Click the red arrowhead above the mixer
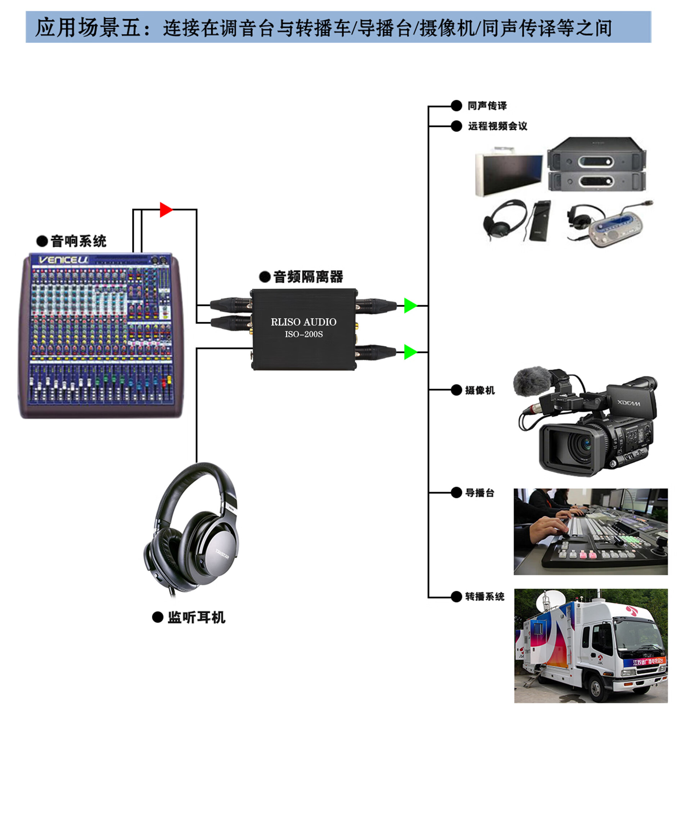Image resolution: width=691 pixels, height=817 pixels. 166,210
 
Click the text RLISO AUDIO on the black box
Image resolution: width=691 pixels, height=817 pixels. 304,322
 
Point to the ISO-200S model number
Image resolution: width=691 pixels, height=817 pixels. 304,334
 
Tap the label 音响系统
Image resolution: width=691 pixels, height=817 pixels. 78,241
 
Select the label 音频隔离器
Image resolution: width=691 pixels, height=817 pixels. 308,277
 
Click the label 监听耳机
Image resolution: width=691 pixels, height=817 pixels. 196,617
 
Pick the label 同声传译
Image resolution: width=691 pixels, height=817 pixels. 487,106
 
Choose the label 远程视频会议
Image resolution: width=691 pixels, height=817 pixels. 497,126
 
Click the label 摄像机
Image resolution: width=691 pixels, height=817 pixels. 480,390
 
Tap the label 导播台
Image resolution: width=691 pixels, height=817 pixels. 480,493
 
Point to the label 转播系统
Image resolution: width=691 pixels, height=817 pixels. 484,597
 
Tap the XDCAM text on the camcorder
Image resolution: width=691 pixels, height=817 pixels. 629,403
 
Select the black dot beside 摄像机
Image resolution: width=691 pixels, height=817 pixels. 456,390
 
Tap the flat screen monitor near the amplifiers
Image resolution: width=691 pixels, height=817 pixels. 509,174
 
